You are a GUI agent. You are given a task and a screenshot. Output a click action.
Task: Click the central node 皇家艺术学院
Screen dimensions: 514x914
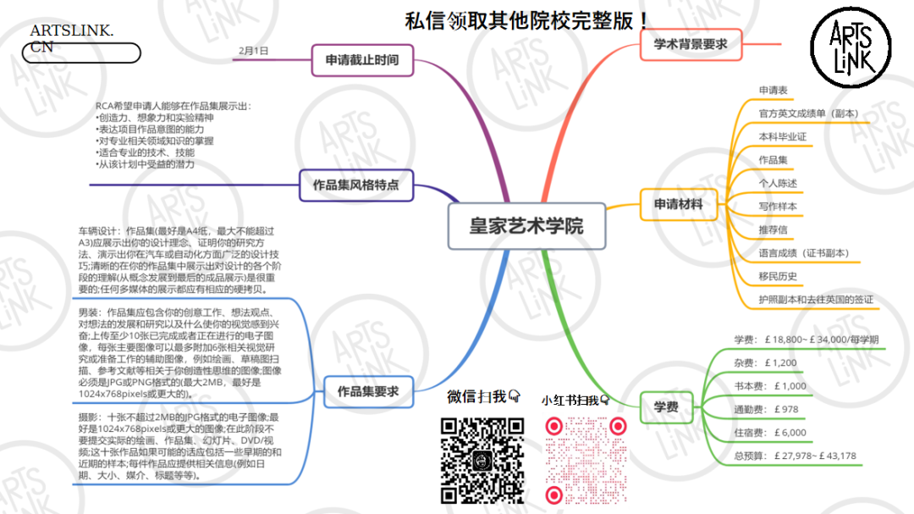point(526,227)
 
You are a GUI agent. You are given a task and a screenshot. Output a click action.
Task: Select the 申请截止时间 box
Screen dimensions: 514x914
point(361,60)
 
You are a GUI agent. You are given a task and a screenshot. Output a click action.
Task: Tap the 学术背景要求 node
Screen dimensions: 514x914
point(691,44)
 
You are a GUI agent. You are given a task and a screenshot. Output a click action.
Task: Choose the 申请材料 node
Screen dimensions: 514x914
point(678,204)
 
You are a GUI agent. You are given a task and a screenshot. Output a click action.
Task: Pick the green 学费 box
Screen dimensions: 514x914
point(666,407)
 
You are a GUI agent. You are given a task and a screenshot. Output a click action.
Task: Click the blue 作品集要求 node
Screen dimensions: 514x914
point(368,391)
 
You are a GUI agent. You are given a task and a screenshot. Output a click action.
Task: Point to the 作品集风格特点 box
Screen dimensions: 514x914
point(355,185)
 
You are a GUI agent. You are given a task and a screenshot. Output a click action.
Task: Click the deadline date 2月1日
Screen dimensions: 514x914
point(254,51)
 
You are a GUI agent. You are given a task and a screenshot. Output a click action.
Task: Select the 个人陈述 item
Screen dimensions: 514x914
point(778,183)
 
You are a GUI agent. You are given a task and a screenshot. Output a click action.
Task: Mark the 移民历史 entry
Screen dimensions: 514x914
point(778,276)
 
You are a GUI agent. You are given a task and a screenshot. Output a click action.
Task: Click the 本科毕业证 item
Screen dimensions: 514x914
point(783,136)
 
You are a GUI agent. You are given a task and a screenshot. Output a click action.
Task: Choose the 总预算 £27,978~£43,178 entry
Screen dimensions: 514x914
point(795,456)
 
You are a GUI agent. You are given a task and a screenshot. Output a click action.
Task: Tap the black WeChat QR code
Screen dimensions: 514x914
point(483,461)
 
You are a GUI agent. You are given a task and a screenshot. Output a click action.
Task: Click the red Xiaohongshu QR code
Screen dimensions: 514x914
point(585,461)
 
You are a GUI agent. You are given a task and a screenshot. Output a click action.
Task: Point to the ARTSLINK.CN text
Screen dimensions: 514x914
point(71,39)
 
